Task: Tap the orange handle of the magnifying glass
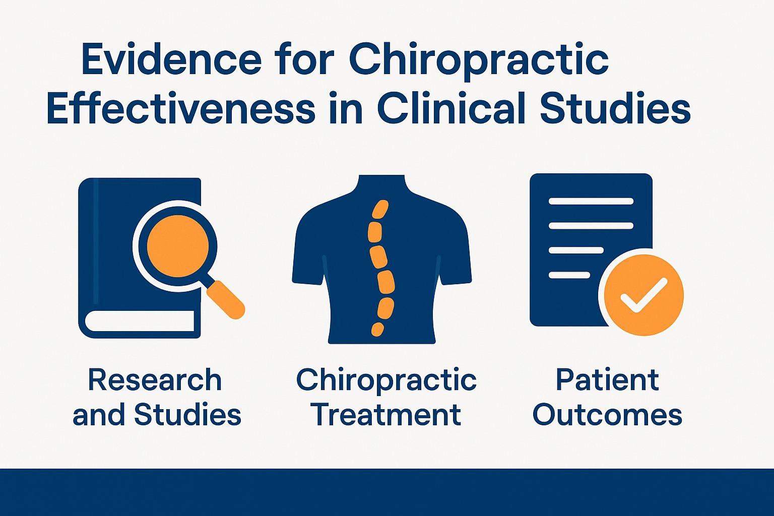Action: pos(226,299)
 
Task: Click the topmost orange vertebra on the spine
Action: pos(380,209)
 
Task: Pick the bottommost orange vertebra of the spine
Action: pos(377,329)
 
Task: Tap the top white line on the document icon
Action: pos(591,202)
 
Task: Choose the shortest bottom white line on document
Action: pos(569,275)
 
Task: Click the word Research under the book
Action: pos(155,380)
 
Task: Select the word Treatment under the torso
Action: pos(386,415)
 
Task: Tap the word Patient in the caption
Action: pos(607,380)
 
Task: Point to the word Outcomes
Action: pos(607,415)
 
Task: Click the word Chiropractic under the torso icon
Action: pos(386,380)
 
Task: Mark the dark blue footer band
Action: pos(387,492)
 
